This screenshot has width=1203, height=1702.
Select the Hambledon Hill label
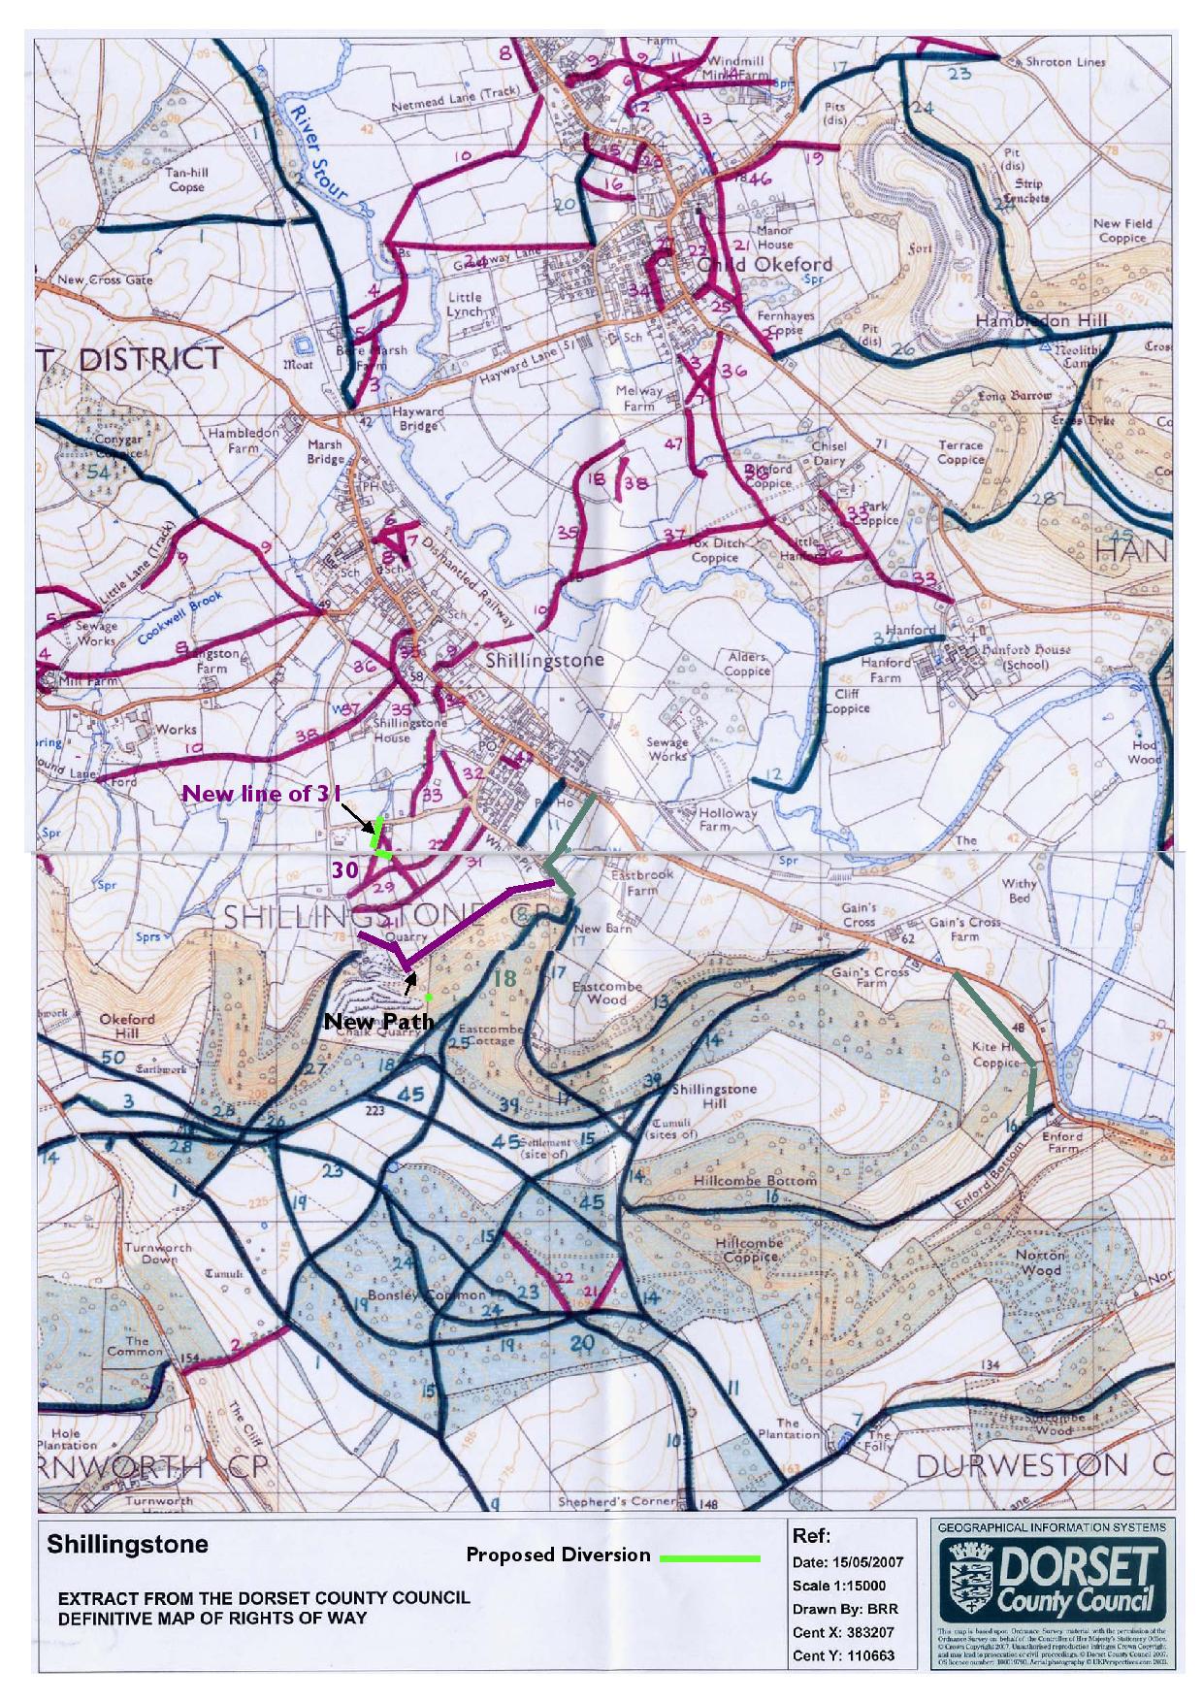click(x=1035, y=321)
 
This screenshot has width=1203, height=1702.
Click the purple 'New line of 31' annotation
click(x=262, y=793)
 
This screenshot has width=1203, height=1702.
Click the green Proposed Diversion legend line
click(x=709, y=1558)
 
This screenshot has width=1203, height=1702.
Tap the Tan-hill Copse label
click(x=186, y=180)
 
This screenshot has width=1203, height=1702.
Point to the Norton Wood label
click(x=1040, y=1261)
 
